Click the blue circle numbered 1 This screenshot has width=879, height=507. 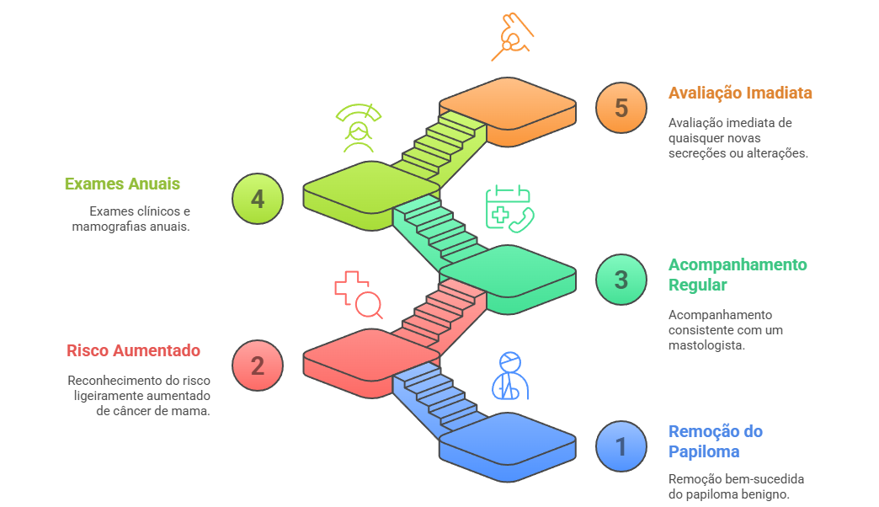tap(621, 446)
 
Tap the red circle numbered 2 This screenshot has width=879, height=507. tap(258, 366)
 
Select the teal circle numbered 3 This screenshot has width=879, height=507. tap(621, 280)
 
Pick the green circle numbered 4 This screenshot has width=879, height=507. tap(258, 199)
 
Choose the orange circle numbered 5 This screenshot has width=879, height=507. tap(621, 108)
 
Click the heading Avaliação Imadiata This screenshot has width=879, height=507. tap(740, 93)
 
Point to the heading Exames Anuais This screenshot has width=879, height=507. tap(122, 184)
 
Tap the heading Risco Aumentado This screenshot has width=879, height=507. tap(133, 350)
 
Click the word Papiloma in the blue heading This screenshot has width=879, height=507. tap(704, 452)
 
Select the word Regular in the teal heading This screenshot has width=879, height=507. tap(697, 286)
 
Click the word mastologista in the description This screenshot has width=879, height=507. tap(706, 345)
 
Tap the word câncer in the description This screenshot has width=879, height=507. tap(132, 411)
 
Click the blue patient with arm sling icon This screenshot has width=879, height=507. tap(510, 376)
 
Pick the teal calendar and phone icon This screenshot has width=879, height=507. tap(509, 209)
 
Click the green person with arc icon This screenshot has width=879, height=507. tap(358, 128)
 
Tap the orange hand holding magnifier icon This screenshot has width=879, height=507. tap(513, 37)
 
